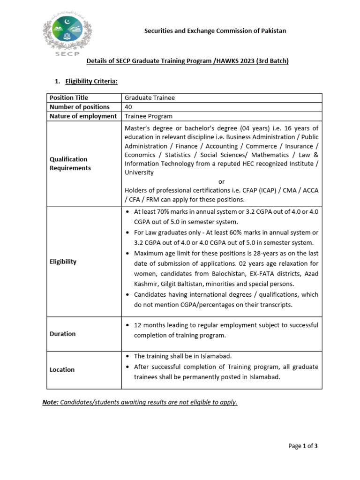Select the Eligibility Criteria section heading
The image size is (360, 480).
(x=91, y=82)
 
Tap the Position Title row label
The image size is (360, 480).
(x=68, y=97)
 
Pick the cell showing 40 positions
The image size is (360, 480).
(x=128, y=107)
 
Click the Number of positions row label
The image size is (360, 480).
(x=79, y=107)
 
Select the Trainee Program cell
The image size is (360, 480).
(x=148, y=116)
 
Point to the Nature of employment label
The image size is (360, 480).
(x=83, y=116)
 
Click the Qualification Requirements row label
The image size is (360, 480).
(x=70, y=164)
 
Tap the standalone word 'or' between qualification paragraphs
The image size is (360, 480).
(x=222, y=181)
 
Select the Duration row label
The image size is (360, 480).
(x=62, y=334)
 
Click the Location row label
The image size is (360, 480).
(x=62, y=369)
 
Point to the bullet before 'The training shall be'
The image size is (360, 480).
(x=128, y=357)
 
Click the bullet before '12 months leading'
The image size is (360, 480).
(x=128, y=325)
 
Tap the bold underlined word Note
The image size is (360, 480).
(x=50, y=402)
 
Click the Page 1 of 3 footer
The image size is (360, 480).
(x=303, y=446)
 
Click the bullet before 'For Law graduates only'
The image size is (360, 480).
(x=128, y=233)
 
